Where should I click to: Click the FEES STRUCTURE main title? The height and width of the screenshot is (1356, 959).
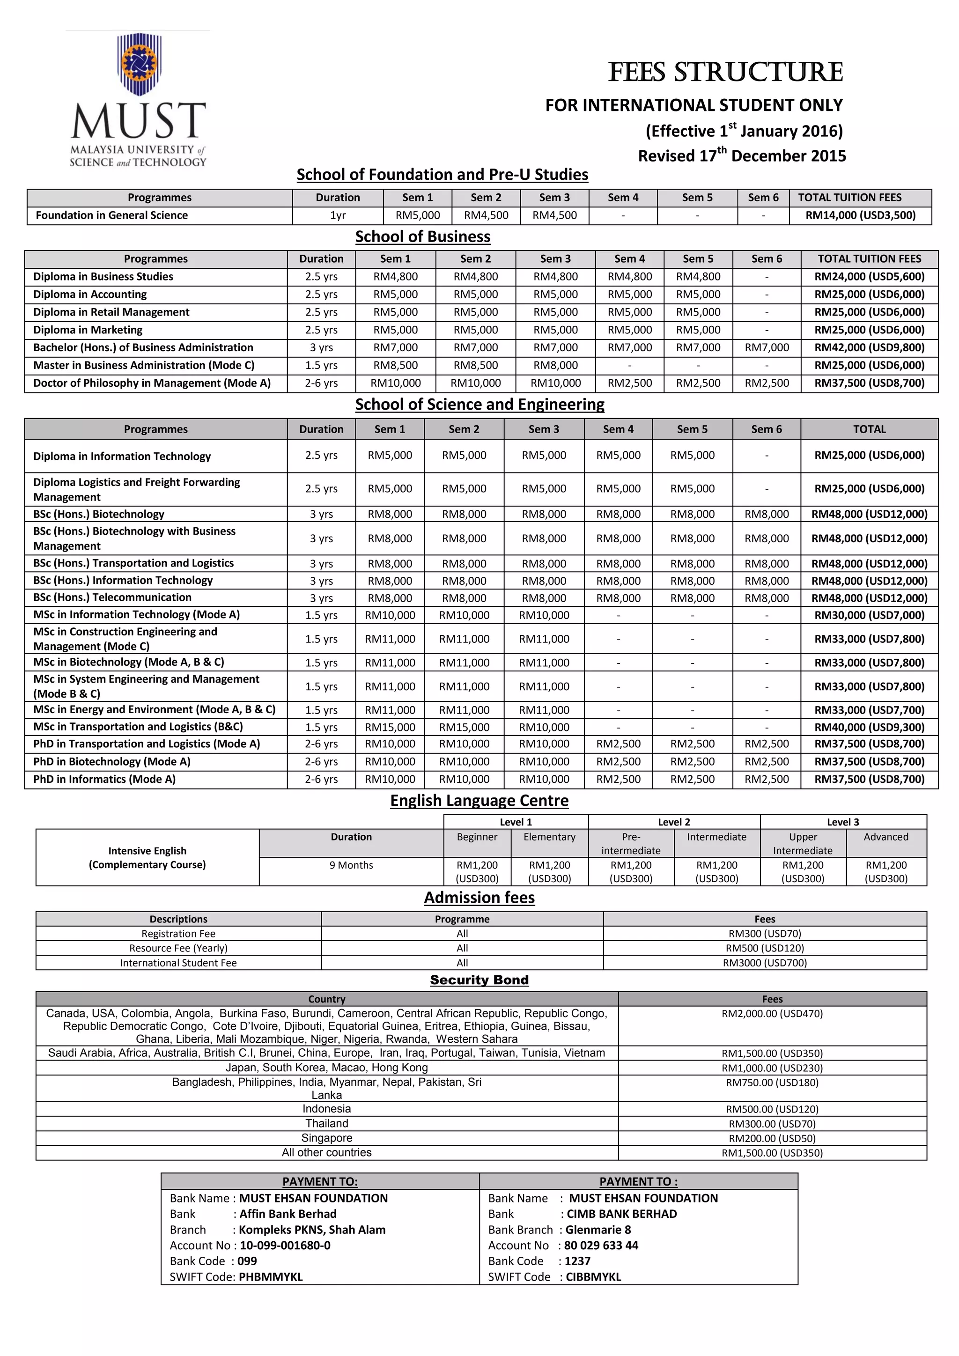725,72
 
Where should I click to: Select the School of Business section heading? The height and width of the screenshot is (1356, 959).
422,236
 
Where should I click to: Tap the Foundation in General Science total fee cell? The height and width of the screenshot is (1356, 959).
860,215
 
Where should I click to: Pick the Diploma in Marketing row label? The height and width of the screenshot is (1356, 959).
88,330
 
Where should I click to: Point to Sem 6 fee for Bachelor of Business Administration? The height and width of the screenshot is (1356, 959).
767,347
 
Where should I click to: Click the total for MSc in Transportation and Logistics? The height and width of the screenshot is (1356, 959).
869,727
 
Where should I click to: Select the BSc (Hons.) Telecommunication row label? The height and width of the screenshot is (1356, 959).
112,597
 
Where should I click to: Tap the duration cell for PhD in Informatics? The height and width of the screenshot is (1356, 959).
321,779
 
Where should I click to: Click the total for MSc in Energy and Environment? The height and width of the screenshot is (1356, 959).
869,710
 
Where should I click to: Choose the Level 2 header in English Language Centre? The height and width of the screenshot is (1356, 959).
674,822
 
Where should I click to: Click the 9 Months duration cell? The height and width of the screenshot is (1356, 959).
351,865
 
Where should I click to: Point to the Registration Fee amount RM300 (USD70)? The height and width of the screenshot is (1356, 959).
765,933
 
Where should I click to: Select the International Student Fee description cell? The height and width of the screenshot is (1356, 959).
178,963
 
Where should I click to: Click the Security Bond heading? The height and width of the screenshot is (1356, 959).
479,980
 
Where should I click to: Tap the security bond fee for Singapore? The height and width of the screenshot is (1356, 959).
772,1138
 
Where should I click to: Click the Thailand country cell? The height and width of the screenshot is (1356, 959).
326,1123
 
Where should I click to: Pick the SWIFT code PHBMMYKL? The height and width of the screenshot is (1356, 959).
271,1276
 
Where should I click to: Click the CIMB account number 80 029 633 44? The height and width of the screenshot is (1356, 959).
601,1245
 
